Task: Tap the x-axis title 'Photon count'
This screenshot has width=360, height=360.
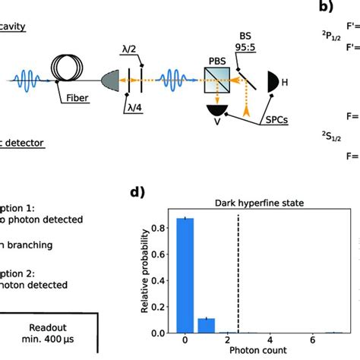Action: pos(260,352)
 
